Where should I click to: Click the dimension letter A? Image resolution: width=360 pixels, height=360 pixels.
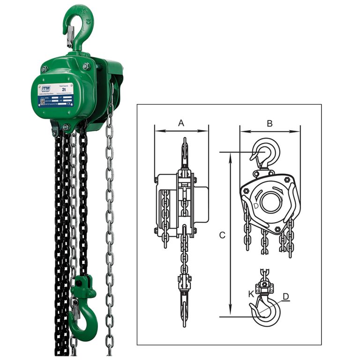pos(181,123)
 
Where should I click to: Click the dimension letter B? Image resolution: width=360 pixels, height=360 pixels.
pos(270,123)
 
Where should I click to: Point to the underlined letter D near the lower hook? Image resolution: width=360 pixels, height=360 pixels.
pos(285,296)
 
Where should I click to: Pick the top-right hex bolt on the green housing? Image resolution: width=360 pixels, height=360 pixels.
pos(86,67)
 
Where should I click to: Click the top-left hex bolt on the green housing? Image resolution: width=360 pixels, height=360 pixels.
pos(44,69)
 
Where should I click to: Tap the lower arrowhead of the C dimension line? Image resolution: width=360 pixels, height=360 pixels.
pos(230,313)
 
